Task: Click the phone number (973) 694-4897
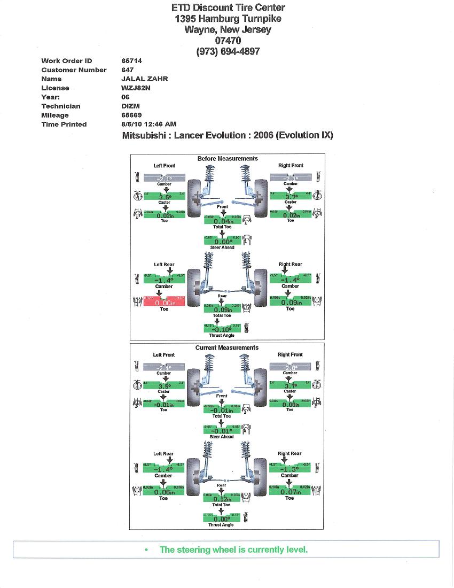[228, 51]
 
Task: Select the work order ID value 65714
[131, 61]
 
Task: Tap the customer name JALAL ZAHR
[145, 79]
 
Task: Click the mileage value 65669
[131, 115]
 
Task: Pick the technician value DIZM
[130, 106]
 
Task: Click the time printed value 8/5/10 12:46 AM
[149, 125]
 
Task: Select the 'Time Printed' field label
[64, 125]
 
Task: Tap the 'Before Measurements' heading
[228, 159]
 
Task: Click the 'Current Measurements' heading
[227, 348]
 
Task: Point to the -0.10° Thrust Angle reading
[222, 329]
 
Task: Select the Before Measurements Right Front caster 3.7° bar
[291, 196]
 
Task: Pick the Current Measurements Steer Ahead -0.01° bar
[222, 430]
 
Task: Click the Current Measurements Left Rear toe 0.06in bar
[164, 492]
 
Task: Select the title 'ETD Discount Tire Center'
[228, 7]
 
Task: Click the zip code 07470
[228, 41]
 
